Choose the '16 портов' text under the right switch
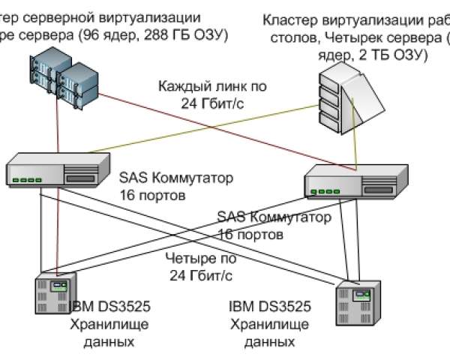coord(250,234)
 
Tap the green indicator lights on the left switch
coord(29,180)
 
